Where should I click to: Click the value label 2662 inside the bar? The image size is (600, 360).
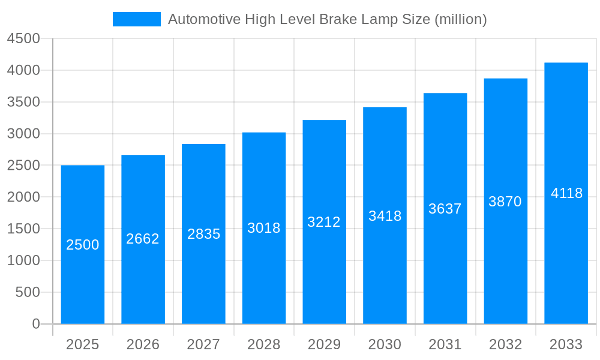[143, 239]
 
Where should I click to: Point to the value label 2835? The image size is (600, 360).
[204, 234]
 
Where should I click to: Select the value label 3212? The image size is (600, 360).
[324, 222]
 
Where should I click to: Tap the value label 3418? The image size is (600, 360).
[385, 216]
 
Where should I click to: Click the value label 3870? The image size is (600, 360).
[505, 202]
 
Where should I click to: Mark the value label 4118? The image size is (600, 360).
[566, 193]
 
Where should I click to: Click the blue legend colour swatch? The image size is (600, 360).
[137, 19]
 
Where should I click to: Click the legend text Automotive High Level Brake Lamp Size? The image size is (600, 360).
[327, 19]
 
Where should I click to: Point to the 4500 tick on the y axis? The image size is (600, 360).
[23, 39]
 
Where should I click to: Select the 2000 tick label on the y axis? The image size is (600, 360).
[23, 197]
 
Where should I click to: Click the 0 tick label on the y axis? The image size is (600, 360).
[35, 324]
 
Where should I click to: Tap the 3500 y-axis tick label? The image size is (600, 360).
[23, 102]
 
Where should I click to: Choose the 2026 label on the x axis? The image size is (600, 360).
[143, 344]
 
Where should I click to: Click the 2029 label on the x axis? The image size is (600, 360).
[324, 344]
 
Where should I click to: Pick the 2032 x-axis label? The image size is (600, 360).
[505, 344]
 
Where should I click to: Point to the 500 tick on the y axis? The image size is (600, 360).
[28, 292]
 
